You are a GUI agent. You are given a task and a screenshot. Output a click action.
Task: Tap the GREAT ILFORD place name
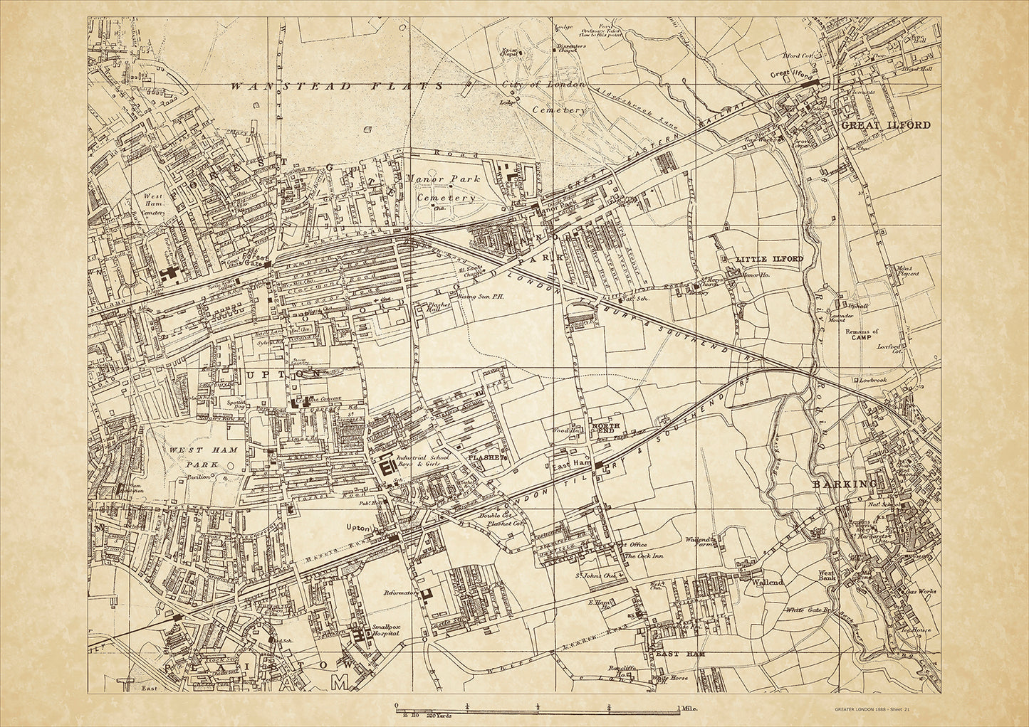point(886,125)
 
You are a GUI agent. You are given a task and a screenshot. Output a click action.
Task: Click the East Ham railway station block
point(600,465)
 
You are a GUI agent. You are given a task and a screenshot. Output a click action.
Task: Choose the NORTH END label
point(605,429)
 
